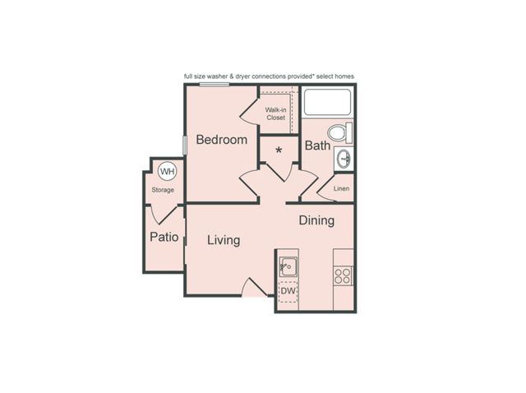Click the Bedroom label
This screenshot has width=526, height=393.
222,140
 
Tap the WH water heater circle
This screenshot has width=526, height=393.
167,172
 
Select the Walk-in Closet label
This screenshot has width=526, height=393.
276,113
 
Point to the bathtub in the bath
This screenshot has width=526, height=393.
327,102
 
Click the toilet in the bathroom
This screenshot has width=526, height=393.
339,132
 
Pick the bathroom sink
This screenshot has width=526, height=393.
344,158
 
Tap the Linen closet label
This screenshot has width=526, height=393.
342,188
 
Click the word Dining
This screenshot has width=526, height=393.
316,220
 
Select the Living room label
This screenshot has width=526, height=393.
224,240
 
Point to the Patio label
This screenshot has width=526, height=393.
164,237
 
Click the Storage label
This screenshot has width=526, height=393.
163,190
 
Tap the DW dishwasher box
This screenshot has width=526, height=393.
288,291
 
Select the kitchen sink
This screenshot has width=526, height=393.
288,266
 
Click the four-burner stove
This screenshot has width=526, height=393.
343,276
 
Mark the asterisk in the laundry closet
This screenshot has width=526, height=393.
279,150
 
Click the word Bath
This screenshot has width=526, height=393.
317,146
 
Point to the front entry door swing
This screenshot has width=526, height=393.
254,286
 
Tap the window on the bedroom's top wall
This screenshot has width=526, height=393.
214,85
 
